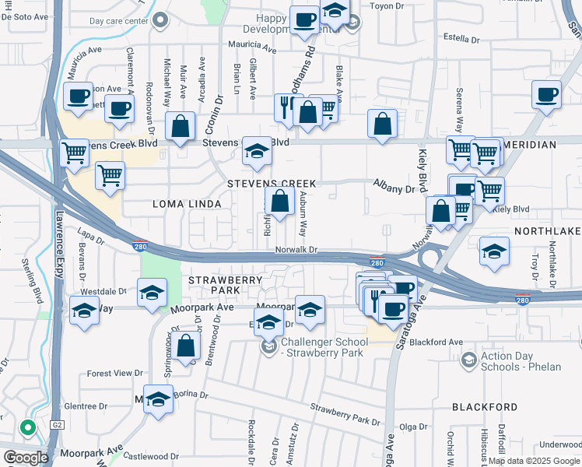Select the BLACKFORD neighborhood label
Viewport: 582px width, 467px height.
pos(484,407)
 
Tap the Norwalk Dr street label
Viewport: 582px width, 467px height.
pos(297,250)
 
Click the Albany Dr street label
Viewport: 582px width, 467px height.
pos(395,189)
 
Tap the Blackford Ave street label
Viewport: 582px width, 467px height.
pos(436,342)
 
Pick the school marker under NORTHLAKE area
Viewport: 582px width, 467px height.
pos(494,251)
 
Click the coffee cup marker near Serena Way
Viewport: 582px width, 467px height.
pos(546,95)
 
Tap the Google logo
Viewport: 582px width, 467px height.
pos(26,458)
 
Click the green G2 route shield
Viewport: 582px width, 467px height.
pos(56,426)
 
